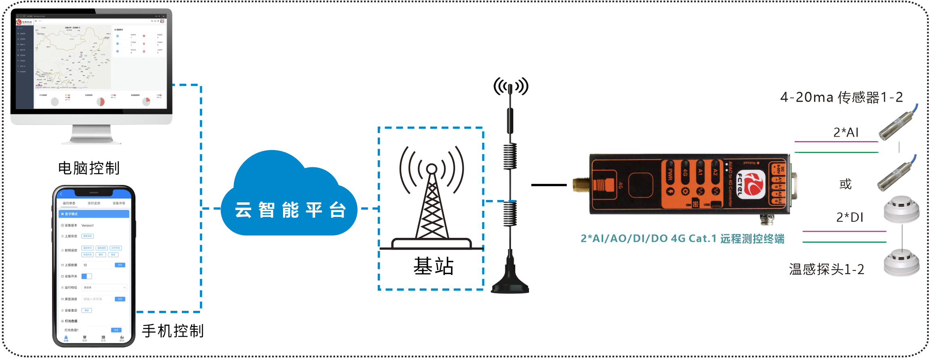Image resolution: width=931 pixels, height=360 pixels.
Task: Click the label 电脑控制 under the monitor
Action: pos(89,168)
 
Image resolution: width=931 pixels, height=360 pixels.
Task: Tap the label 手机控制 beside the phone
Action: pos(173,331)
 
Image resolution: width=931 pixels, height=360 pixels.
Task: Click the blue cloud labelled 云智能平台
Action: pos(289,198)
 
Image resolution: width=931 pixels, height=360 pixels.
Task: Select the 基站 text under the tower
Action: pos(433,266)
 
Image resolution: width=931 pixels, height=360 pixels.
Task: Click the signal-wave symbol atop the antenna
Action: pos(511,86)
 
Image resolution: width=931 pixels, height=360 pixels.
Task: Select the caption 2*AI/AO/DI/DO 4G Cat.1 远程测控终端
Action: pos(682,239)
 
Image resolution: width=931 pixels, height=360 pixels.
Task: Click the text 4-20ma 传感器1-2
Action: pos(841,98)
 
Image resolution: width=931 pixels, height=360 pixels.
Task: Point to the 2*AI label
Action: pos(846,132)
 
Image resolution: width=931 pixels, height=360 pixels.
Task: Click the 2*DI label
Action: pos(850,218)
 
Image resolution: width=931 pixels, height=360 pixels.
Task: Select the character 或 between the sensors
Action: pos(845,184)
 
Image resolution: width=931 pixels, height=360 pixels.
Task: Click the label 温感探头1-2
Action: pos(827,269)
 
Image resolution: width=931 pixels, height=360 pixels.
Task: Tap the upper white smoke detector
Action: pos(902,209)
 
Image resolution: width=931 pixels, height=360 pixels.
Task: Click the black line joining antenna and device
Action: pos(549,185)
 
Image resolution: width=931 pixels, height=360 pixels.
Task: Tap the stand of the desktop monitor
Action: pos(92,134)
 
